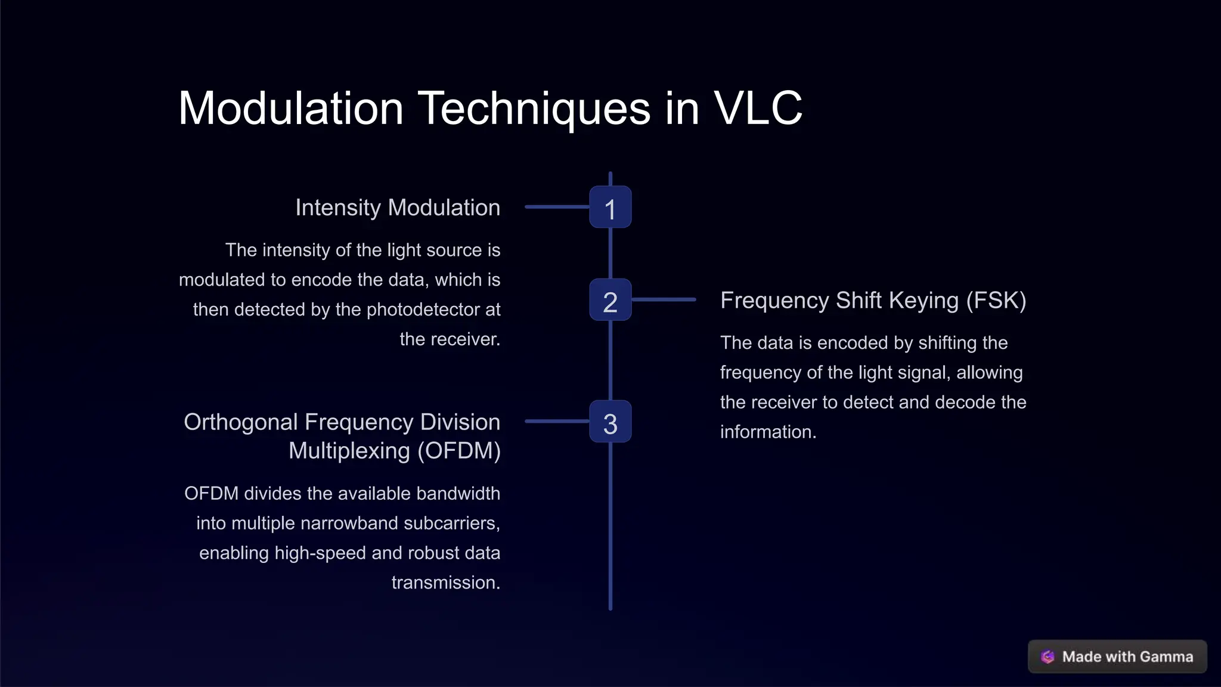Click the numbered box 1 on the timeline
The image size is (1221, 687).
point(610,207)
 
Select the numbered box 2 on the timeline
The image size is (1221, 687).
point(610,300)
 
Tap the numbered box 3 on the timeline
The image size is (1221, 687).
point(610,422)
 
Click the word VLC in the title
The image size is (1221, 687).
point(758,109)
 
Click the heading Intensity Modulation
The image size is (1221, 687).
point(398,208)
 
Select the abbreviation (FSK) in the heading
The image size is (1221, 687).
point(996,301)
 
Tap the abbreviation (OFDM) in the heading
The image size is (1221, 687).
point(459,451)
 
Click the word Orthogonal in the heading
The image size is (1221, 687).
point(240,422)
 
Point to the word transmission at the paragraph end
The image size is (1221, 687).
point(445,583)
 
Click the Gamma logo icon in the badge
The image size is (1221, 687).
point(1048,657)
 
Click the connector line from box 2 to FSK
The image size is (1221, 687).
point(664,299)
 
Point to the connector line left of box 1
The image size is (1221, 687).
point(557,207)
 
